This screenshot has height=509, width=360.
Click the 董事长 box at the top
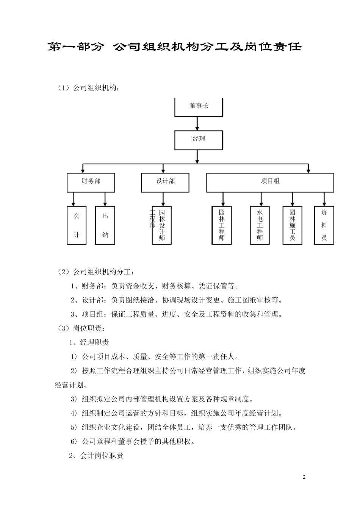[x=199, y=107]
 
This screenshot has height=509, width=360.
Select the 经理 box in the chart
[x=199, y=140]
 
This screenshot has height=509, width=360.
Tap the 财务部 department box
[x=91, y=182]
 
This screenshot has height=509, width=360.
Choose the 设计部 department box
[x=165, y=182]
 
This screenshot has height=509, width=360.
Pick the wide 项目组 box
[x=270, y=182]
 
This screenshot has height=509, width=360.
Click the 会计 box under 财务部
[x=77, y=225]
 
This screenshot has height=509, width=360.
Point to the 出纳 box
[x=105, y=225]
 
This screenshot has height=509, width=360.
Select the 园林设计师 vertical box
[x=162, y=225]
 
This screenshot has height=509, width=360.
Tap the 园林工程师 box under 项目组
[x=222, y=225]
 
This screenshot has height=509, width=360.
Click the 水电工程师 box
[x=260, y=225]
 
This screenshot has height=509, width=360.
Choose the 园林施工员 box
[x=292, y=225]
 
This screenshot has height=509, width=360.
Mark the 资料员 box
[x=324, y=225]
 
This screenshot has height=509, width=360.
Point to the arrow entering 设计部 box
[x=163, y=169]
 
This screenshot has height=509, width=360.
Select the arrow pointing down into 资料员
[x=324, y=199]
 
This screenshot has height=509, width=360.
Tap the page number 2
[x=304, y=477]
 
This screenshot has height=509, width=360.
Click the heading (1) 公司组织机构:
[x=88, y=88]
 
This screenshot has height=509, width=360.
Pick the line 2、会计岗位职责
[x=96, y=456]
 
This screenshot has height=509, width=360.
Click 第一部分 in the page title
[x=75, y=47]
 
